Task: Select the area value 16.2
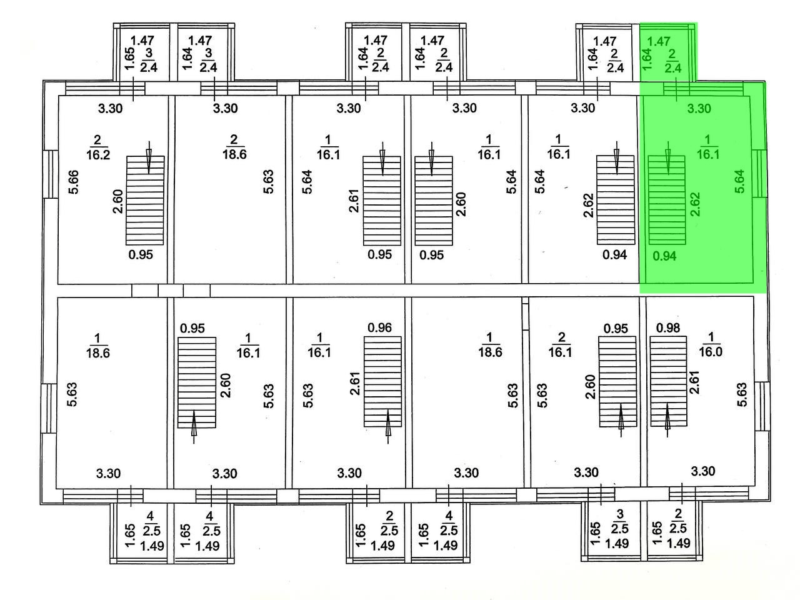(98, 154)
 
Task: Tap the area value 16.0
(711, 351)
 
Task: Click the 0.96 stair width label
(379, 327)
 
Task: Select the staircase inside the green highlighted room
(666, 200)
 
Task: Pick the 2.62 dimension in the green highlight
(696, 204)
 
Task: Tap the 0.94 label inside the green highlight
(664, 255)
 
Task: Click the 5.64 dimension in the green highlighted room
(740, 182)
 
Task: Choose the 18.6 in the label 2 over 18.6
(234, 154)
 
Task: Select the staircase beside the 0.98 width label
(668, 382)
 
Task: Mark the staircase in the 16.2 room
(146, 200)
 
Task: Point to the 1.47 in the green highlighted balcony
(658, 41)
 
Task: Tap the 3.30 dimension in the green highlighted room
(699, 108)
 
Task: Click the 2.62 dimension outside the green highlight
(588, 204)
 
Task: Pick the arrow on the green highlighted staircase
(667, 159)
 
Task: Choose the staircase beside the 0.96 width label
(383, 382)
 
